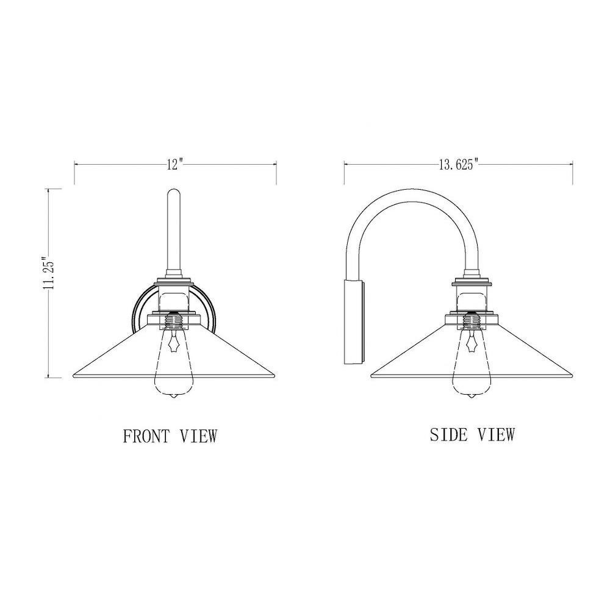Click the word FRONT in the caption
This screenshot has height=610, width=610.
point(146,436)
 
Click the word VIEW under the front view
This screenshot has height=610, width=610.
point(198,436)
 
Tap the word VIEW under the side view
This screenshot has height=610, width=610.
point(496,434)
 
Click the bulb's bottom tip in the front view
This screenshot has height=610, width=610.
point(174,397)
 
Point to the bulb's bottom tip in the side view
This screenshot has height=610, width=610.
point(472,397)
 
